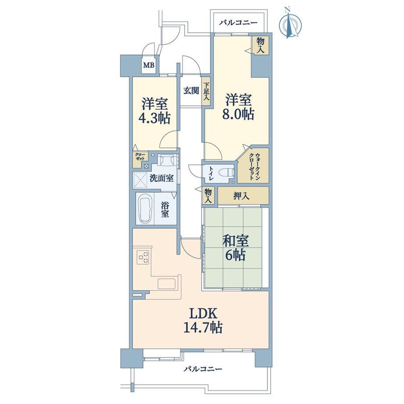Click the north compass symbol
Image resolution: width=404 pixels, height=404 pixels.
tap(290, 23)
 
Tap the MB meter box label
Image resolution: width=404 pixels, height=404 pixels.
tap(149, 65)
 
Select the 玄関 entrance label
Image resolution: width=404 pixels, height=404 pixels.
tap(191, 91)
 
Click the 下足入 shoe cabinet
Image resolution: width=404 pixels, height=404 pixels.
tap(206, 91)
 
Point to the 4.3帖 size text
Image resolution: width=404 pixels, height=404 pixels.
tap(154, 119)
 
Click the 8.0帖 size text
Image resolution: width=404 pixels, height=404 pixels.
tap(238, 114)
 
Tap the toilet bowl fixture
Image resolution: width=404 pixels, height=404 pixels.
tap(226, 172)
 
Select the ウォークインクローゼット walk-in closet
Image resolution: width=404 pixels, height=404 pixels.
tap(253, 166)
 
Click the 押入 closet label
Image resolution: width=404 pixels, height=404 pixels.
tap(242, 196)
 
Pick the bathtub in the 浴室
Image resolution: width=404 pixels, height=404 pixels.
tap(144, 209)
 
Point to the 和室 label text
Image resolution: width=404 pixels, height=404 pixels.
tap(235, 241)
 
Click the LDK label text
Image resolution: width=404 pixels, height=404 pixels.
tap(204, 314)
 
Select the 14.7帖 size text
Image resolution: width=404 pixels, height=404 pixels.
tap(203, 328)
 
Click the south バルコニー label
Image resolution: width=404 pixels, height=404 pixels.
tap(203, 369)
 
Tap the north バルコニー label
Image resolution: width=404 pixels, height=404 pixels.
tap(238, 23)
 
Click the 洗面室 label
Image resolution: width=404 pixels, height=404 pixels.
tap(162, 178)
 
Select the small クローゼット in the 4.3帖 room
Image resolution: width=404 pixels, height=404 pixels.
tap(140, 157)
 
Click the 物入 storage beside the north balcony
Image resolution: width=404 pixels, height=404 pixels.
tap(260, 45)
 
